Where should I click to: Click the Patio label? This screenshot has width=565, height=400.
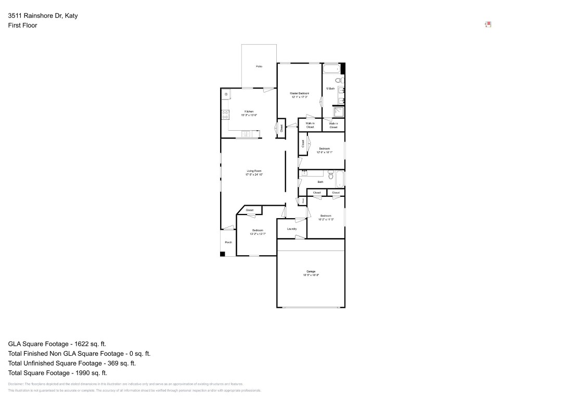(259, 67)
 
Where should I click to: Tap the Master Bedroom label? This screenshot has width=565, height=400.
(299, 93)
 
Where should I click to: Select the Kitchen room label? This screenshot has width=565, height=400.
(249, 111)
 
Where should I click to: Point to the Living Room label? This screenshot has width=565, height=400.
(254, 171)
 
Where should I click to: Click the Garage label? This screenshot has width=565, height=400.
(311, 271)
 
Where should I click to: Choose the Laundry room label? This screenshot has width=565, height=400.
(291, 229)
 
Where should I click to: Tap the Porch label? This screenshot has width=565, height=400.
(228, 242)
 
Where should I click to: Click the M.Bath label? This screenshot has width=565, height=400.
(330, 89)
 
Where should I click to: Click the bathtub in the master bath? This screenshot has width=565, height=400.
(331, 69)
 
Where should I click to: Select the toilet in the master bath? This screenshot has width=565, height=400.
(338, 80)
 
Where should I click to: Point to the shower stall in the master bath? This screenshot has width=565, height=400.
(339, 112)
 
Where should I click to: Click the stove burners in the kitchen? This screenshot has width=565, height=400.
(225, 115)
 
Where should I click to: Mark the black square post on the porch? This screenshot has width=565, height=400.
(223, 254)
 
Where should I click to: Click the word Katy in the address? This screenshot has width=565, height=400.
(71, 16)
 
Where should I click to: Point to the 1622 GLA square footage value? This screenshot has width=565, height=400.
(79, 344)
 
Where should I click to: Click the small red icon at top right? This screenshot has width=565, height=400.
(488, 24)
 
